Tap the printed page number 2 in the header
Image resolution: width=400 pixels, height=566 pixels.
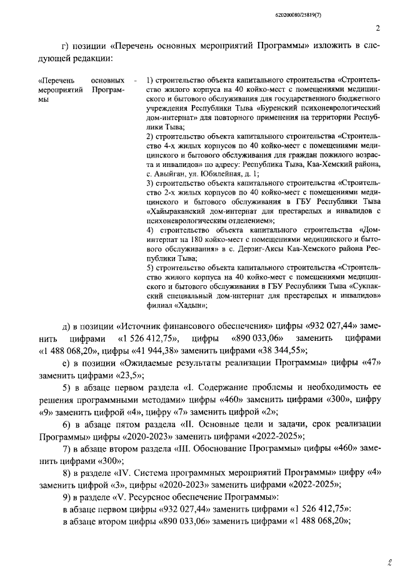point(377,28)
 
